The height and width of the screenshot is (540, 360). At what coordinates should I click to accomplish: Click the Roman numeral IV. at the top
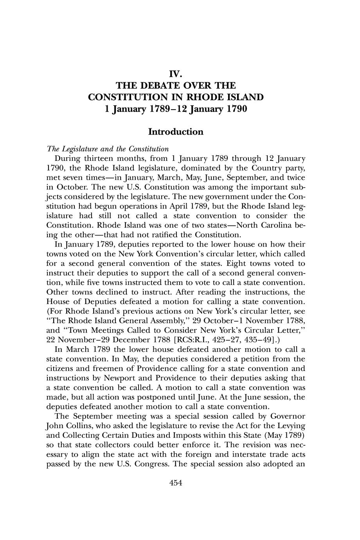176,74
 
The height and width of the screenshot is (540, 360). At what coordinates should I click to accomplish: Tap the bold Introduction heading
176,131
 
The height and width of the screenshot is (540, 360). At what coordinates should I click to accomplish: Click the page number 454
176,483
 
